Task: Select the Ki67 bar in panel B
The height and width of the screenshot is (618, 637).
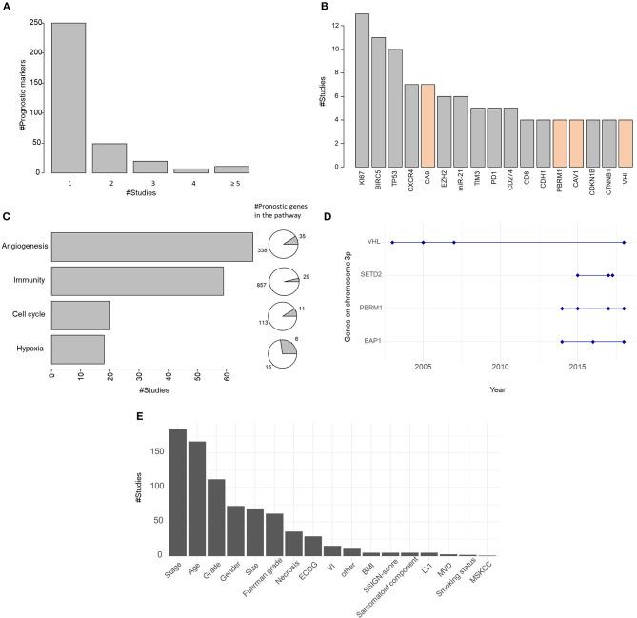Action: [362, 90]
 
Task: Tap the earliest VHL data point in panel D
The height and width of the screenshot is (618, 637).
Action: [392, 243]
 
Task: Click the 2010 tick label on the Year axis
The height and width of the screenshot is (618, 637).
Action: [500, 367]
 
